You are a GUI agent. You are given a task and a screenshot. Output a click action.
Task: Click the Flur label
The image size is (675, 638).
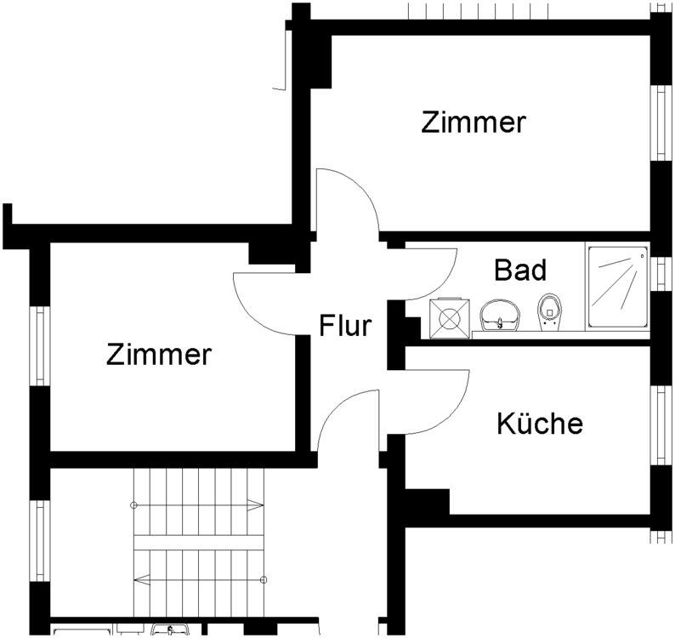click(345, 326)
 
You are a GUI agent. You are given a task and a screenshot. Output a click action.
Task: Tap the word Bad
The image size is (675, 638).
click(519, 271)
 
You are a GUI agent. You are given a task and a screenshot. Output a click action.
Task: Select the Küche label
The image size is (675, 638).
click(540, 423)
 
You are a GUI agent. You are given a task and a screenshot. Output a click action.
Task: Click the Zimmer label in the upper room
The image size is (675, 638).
click(474, 122)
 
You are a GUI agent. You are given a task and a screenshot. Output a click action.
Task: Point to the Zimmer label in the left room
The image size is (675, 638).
click(158, 354)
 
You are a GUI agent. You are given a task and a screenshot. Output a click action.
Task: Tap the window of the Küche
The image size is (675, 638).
click(661, 424)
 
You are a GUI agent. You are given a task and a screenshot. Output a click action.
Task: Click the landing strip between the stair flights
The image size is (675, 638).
click(200, 543)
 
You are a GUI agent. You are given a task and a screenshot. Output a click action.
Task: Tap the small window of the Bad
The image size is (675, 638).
click(662, 272)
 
